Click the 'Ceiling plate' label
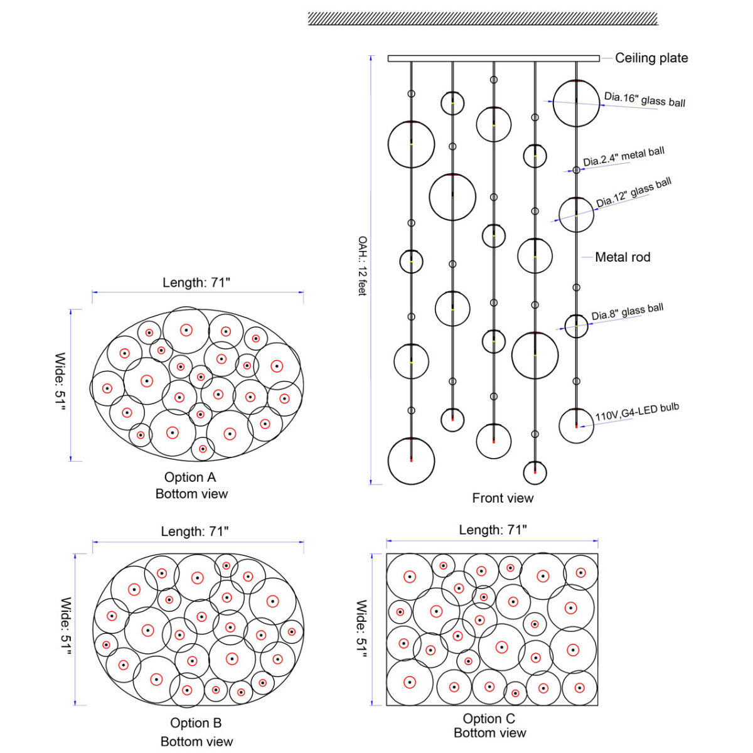pos(651,58)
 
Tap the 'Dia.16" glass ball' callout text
pos(644,99)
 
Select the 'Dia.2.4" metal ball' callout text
pos(624,157)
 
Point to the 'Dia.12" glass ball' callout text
pos(633,192)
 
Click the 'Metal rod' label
pos(622,257)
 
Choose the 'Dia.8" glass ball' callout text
pos(627,311)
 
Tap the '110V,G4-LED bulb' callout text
pos(637,412)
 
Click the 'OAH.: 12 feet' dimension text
pos(363,265)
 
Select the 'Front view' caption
pos(503,498)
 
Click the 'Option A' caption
pos(190,477)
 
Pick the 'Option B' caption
pos(196,722)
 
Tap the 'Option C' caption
pos(489,718)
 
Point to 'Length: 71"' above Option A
pos(196,282)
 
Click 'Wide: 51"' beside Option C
pos(361,630)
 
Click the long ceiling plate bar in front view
pos(494,58)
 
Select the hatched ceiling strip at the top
pos(483,19)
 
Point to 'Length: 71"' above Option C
pos(493,530)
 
